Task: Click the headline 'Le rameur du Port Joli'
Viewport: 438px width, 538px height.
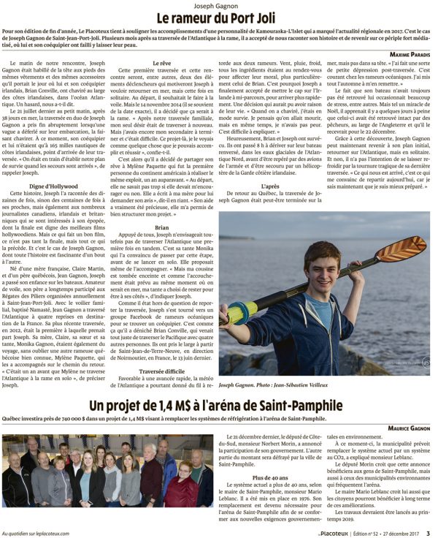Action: [219, 17]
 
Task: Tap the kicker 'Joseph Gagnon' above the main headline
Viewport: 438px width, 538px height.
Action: [219, 4]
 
